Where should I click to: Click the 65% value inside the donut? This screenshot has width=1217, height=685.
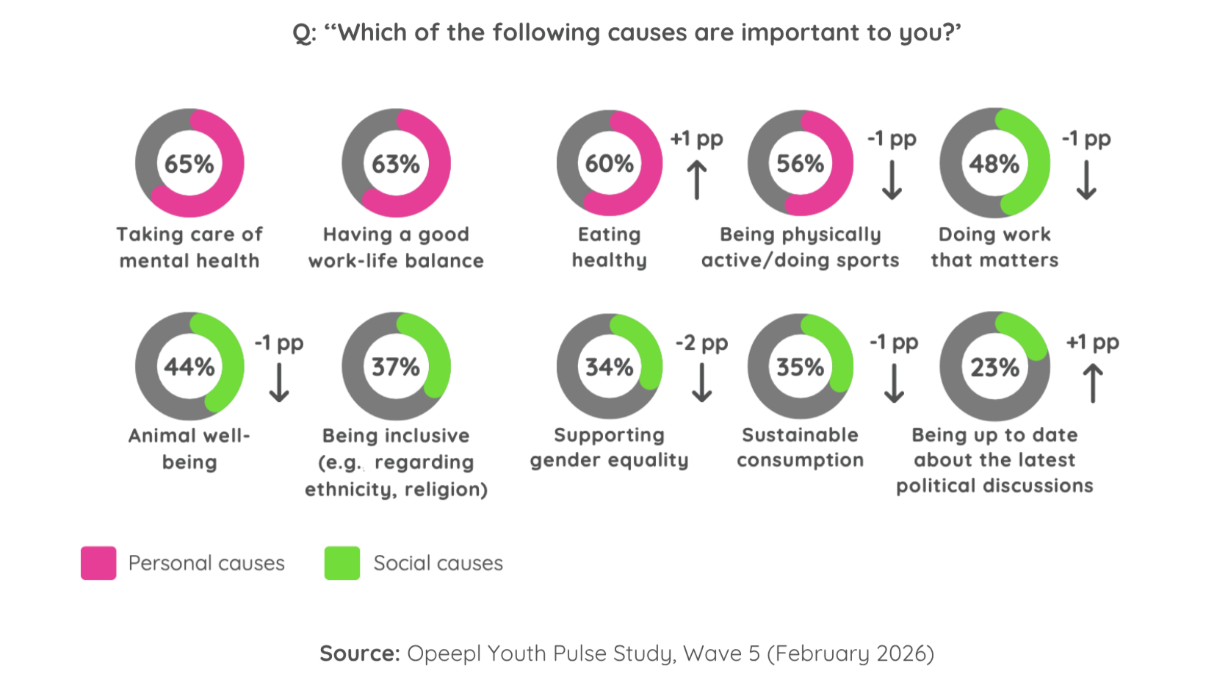(189, 164)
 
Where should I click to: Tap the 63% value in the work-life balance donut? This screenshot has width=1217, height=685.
(395, 164)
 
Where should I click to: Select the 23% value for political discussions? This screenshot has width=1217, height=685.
(994, 367)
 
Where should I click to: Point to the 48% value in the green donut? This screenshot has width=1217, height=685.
(994, 164)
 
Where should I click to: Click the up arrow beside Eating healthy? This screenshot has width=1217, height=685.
(696, 180)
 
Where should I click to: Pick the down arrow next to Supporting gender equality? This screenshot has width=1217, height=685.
(701, 383)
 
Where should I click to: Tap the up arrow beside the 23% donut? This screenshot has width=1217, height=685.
(1092, 384)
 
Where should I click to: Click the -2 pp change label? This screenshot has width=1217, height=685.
(701, 343)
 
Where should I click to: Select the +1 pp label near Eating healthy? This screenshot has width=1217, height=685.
(696, 139)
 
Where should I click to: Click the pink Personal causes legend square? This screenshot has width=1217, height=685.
(98, 563)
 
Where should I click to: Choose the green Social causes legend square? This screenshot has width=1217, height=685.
(342, 563)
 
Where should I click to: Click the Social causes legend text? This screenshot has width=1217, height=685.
(438, 564)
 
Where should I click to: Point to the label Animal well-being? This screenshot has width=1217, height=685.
(189, 449)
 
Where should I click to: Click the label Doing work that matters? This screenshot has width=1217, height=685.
(994, 247)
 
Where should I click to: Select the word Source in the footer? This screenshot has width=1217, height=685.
(358, 653)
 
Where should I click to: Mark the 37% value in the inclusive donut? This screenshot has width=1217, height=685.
(395, 367)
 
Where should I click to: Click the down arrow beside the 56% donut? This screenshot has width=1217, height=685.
(892, 180)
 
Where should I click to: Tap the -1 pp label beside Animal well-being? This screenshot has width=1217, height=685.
(278, 343)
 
